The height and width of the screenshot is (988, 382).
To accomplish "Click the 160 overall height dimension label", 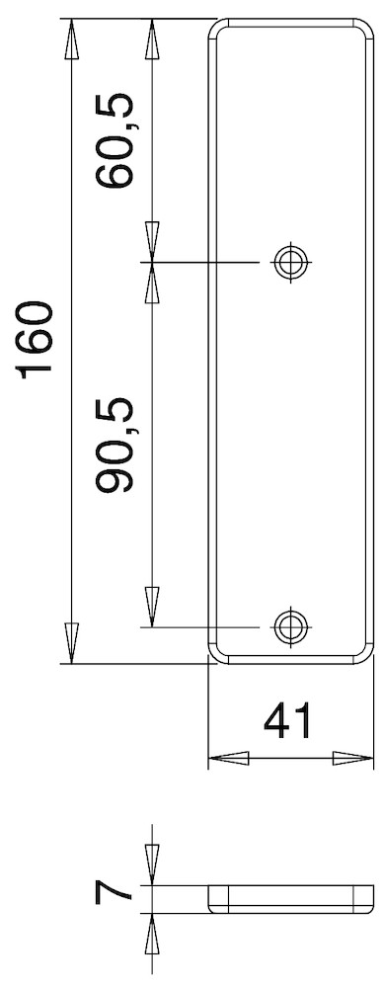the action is [x=36, y=340].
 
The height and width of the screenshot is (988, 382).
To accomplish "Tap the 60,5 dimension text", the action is [x=115, y=140].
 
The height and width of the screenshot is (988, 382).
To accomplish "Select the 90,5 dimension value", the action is [x=115, y=445].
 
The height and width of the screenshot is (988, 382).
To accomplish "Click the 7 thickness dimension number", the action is [x=114, y=893].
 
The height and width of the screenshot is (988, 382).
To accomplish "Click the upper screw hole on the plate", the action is [x=291, y=261].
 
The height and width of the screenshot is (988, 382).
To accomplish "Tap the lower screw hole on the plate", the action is [x=291, y=627].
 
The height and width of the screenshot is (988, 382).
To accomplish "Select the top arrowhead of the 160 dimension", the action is [x=72, y=40].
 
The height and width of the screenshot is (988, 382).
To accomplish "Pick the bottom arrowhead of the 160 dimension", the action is [x=72, y=643].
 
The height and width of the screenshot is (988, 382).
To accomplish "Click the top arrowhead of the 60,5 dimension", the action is [x=152, y=40].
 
